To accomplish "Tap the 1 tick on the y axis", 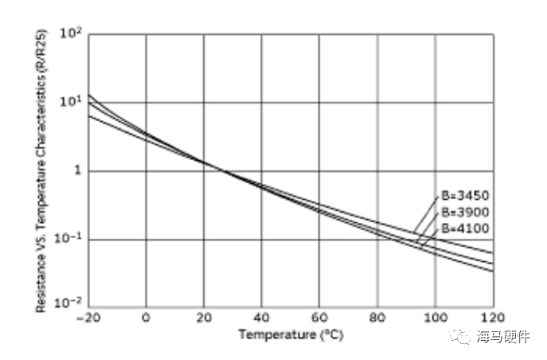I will pos(77,171).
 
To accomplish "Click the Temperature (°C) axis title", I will pos(291,335).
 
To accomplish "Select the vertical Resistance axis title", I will pos(41,170).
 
